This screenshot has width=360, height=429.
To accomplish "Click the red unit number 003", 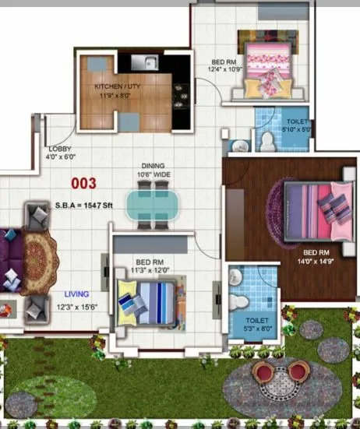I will (x=83, y=184).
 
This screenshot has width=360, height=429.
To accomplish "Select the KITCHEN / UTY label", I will (x=118, y=87).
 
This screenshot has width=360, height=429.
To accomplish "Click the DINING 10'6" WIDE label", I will (x=154, y=171).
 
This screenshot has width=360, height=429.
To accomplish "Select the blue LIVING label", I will (x=76, y=294).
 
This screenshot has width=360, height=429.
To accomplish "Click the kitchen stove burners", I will (x=180, y=92).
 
